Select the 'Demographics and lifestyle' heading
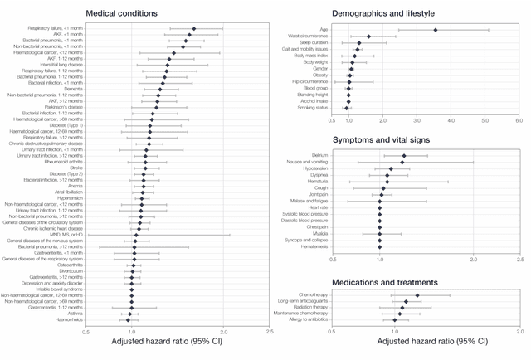tap(388, 14)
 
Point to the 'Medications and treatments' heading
tap(385, 282)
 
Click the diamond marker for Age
tap(436, 30)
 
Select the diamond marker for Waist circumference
tap(368, 36)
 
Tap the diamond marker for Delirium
tap(404, 156)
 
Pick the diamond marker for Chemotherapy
tap(417, 295)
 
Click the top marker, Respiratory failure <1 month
tap(194, 29)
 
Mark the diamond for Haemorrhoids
tap(128, 319)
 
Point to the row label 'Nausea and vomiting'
tap(307, 163)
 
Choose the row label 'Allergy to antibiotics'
tap(305, 320)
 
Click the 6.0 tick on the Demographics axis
tap(519, 120)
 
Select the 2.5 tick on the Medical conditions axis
tap(270, 331)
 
